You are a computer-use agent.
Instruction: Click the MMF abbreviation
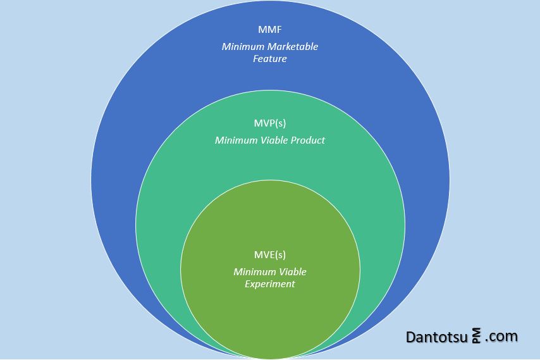[x=270, y=29]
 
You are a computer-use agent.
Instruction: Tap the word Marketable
[x=293, y=47]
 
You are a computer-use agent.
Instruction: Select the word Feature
[x=270, y=59]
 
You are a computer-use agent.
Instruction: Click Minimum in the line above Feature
[x=243, y=47]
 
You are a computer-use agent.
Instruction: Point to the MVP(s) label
[x=270, y=123]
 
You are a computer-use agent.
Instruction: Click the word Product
[x=308, y=140]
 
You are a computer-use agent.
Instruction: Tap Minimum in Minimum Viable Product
[x=236, y=140]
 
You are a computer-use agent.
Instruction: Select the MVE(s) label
[x=270, y=254]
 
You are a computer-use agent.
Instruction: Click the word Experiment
[x=270, y=284]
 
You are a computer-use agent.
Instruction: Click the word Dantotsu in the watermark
[x=438, y=337]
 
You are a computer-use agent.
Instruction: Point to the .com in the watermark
[x=501, y=337]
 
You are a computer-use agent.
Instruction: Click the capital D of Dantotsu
[x=410, y=337]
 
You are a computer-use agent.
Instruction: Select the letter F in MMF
[x=279, y=29]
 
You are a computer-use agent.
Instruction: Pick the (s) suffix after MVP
[x=281, y=123]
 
